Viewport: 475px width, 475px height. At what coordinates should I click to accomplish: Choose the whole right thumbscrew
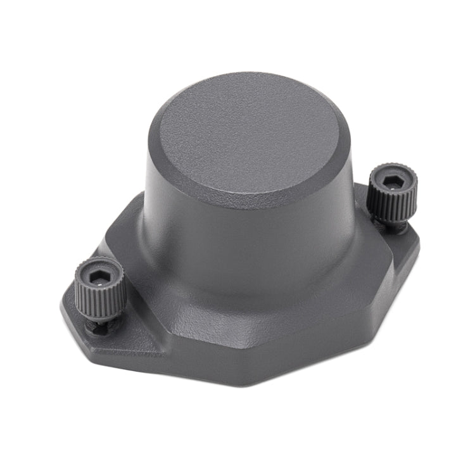click(393, 196)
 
